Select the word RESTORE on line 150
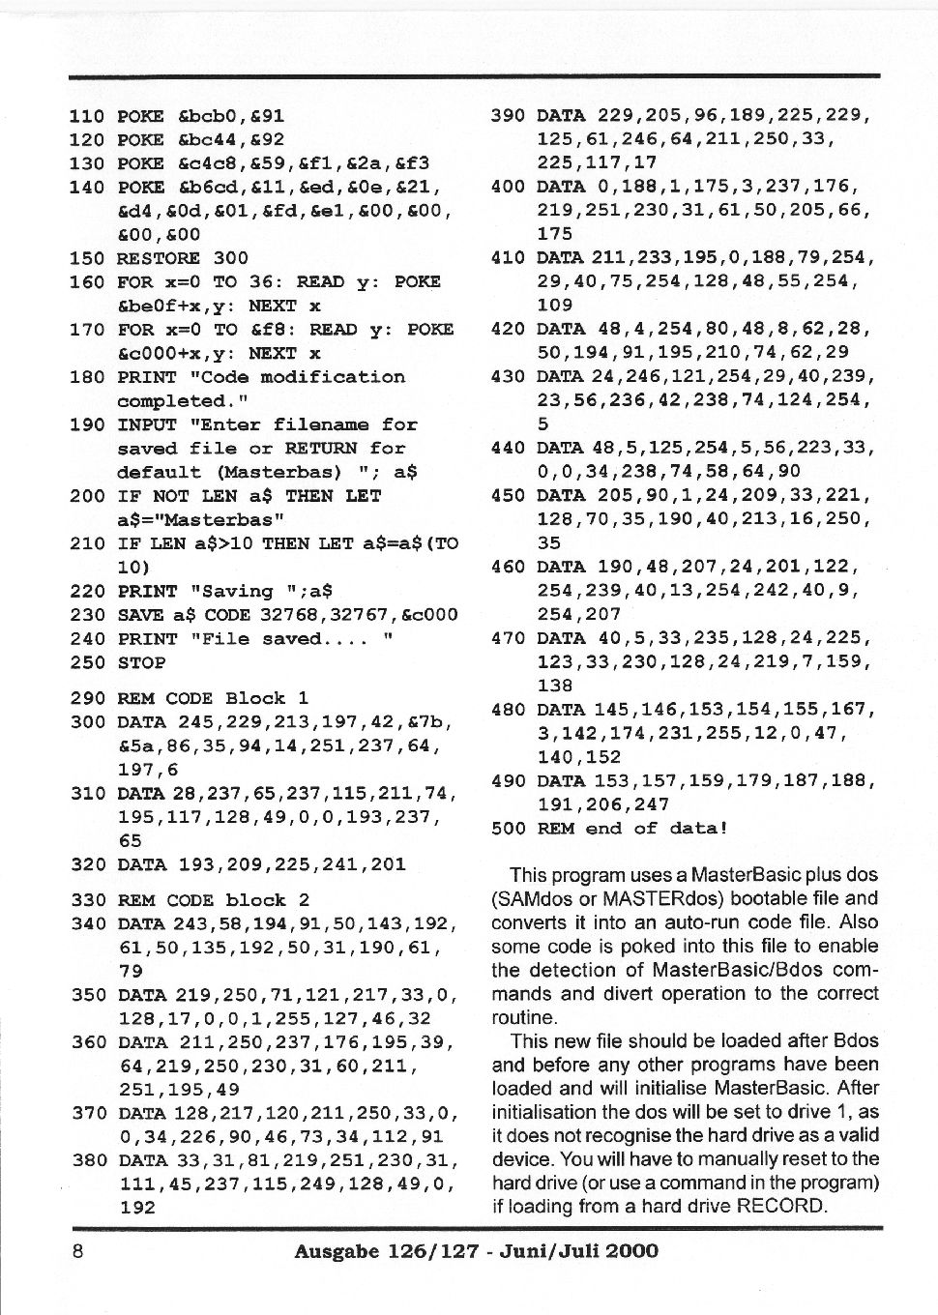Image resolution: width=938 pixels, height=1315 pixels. pos(158,258)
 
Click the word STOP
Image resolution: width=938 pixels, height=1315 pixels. pos(141,662)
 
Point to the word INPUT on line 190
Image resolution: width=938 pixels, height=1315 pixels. pos(147,424)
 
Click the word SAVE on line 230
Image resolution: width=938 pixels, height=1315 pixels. pos(141,615)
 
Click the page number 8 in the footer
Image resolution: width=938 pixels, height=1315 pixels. pos(78,1251)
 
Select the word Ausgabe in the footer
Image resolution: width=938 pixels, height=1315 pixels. pos(337,1251)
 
